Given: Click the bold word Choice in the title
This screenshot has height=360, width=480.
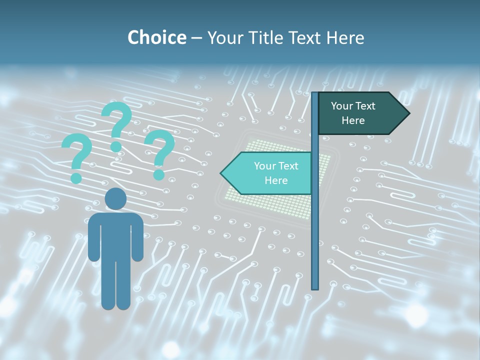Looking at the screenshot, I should click(156, 37).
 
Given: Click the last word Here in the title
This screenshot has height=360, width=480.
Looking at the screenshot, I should click(345, 37).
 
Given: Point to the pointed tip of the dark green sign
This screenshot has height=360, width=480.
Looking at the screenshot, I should click(408, 113).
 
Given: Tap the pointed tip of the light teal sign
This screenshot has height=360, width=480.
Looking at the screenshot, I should click(221, 173).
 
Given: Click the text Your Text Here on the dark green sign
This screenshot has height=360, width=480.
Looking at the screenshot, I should click(353, 113).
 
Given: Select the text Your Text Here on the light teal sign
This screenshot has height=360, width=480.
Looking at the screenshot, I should click(275, 173).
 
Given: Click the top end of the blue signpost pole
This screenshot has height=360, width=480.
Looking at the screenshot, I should click(315, 93).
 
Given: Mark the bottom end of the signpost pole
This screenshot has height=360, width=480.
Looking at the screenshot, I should click(315, 287).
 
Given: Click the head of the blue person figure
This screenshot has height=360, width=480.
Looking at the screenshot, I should click(115, 199).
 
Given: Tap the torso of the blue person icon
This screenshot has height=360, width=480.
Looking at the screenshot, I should click(115, 235).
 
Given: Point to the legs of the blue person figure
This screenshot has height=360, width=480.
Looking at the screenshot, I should click(115, 285).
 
